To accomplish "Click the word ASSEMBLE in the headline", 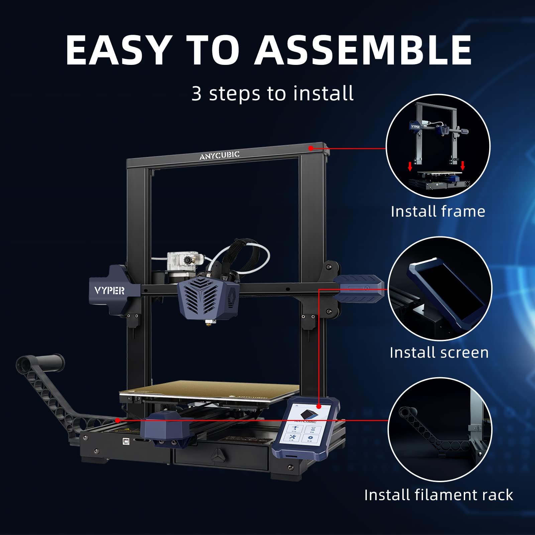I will coord(363,50).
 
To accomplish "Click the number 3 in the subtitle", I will coord(197,94).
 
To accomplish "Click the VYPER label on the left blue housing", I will coord(109,291).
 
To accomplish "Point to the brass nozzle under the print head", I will coord(210,323).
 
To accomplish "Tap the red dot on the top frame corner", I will coord(311,148).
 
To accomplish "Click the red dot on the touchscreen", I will coord(319,406).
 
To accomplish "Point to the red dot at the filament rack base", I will coord(117,420).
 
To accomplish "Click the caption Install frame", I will coord(438,211).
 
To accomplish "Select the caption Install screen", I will coord(439,353).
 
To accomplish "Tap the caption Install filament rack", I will coord(438,495).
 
